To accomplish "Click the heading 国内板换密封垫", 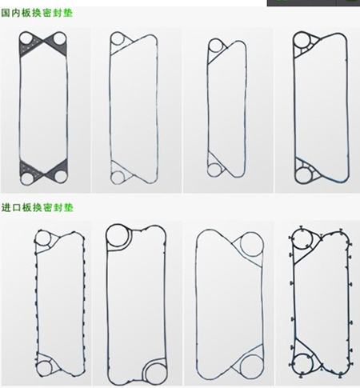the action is tap(37, 13).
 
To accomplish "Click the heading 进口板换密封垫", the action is tap(37, 207).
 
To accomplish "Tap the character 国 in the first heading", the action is tap(6, 13).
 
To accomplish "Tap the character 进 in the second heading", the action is tap(6, 207).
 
